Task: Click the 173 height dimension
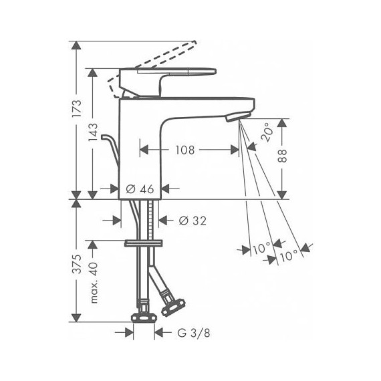click(78, 107)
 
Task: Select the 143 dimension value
click(94, 134)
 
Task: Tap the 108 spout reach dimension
click(187, 150)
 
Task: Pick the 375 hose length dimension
click(78, 265)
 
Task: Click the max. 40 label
click(94, 281)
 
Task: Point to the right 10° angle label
click(289, 255)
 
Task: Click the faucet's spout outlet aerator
click(235, 118)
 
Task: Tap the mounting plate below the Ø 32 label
click(144, 242)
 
